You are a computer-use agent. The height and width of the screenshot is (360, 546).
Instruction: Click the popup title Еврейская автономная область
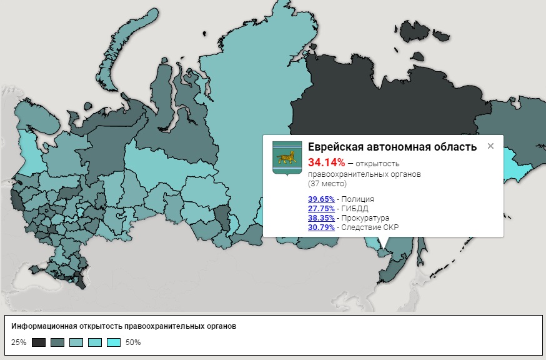click(392, 147)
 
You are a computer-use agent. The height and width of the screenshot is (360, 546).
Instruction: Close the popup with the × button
click(490, 146)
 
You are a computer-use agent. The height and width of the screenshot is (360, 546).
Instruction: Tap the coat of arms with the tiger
click(287, 157)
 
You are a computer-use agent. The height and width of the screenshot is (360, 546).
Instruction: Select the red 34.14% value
click(326, 163)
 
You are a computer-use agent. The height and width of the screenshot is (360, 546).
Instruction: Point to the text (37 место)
click(328, 184)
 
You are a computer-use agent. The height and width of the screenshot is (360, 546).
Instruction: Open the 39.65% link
click(321, 199)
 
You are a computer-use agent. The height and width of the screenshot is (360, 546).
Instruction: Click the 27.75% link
click(321, 209)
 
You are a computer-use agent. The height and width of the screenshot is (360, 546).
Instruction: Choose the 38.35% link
click(321, 218)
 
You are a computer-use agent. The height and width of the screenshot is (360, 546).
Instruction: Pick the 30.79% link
click(321, 227)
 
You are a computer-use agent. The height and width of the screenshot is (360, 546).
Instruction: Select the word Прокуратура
click(365, 218)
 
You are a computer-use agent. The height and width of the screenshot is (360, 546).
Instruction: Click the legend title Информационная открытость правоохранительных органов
click(124, 327)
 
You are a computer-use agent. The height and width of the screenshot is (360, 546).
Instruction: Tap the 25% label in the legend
click(19, 342)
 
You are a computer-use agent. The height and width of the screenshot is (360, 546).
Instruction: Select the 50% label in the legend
click(133, 342)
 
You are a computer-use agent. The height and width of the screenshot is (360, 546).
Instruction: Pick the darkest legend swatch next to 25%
click(39, 342)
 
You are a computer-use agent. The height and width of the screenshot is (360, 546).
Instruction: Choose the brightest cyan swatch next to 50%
click(113, 342)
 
